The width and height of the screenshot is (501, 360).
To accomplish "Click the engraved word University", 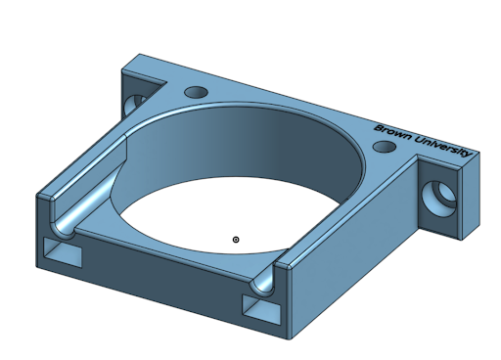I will tap(442, 147).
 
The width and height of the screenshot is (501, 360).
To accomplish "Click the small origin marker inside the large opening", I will tap(236, 239).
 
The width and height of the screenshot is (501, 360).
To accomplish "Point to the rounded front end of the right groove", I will tap(262, 285).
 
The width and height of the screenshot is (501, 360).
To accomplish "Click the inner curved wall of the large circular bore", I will tap(245, 147).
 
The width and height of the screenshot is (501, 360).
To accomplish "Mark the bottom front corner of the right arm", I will tap(291, 338).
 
